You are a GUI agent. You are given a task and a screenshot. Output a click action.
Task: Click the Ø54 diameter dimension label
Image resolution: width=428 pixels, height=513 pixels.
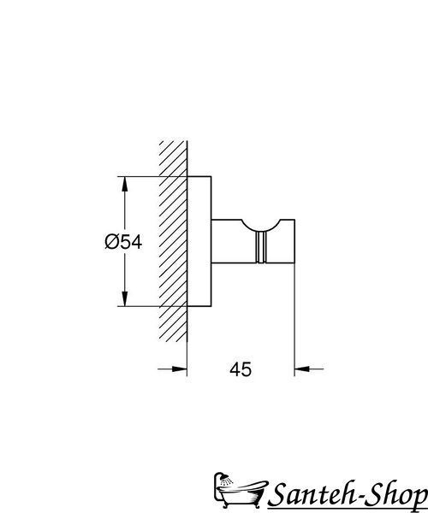click(x=123, y=243)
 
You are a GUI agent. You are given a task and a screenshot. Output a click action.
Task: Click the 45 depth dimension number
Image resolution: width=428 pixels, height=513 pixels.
click(x=241, y=369)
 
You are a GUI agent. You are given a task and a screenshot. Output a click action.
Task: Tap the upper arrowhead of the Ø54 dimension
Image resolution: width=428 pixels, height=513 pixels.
click(x=124, y=185)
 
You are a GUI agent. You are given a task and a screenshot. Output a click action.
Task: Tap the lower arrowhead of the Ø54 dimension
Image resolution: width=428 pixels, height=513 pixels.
click(x=124, y=298)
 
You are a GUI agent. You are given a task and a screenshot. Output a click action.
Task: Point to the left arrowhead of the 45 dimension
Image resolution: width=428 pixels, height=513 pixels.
click(x=180, y=369)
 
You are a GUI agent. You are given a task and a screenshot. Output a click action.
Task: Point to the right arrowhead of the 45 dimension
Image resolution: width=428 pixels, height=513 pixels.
click(x=302, y=369)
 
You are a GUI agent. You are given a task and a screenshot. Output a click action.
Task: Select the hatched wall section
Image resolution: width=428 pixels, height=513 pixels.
click(x=173, y=241)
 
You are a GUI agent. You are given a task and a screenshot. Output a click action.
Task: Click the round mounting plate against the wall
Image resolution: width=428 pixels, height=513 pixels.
click(x=199, y=241)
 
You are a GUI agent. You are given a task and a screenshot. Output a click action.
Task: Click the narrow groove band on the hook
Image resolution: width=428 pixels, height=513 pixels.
click(x=261, y=248)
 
